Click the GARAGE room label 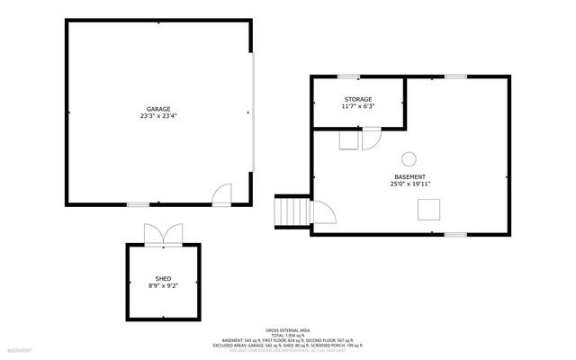coord(158,109)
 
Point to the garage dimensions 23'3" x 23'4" coord(158,117)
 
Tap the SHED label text coord(163,279)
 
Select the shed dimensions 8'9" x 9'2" coord(163,287)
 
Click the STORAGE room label coord(357,99)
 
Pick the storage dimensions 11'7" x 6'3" coord(357,107)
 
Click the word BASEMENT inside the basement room coord(409,176)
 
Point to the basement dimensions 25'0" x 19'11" coord(409,184)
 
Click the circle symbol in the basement coord(408,158)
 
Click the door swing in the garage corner coord(221,194)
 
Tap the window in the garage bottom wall coord(137,205)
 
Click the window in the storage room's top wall coord(349,76)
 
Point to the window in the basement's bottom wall coord(455,234)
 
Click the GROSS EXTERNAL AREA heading coord(288,330)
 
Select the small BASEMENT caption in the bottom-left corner coord(20,349)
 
